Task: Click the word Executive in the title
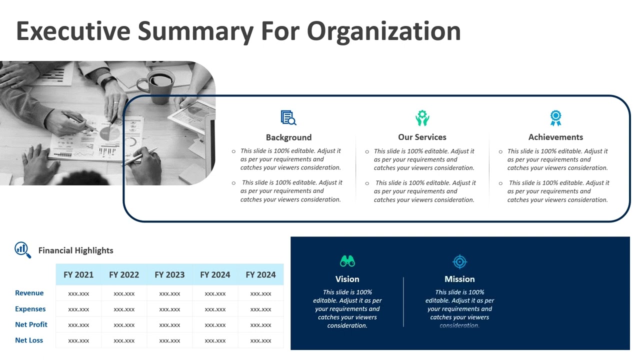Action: (x=73, y=30)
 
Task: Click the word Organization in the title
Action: (x=383, y=30)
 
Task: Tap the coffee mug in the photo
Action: (x=159, y=85)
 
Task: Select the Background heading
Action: (x=288, y=137)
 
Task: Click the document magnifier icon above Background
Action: (x=288, y=118)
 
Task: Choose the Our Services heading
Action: (x=422, y=137)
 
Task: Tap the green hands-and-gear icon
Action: (x=422, y=118)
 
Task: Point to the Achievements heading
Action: (x=555, y=137)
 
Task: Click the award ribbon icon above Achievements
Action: (x=555, y=118)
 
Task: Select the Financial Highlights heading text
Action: (x=76, y=250)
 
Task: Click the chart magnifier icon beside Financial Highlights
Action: (x=23, y=249)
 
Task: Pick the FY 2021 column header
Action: (x=78, y=274)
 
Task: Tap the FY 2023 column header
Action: (x=169, y=274)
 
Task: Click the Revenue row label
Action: (x=29, y=293)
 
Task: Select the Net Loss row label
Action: (x=29, y=340)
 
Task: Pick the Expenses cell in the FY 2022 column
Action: (x=124, y=309)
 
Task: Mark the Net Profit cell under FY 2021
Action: (x=78, y=325)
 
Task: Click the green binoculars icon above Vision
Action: (x=347, y=261)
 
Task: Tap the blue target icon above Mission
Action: (x=459, y=261)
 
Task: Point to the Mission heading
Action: (x=459, y=279)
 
